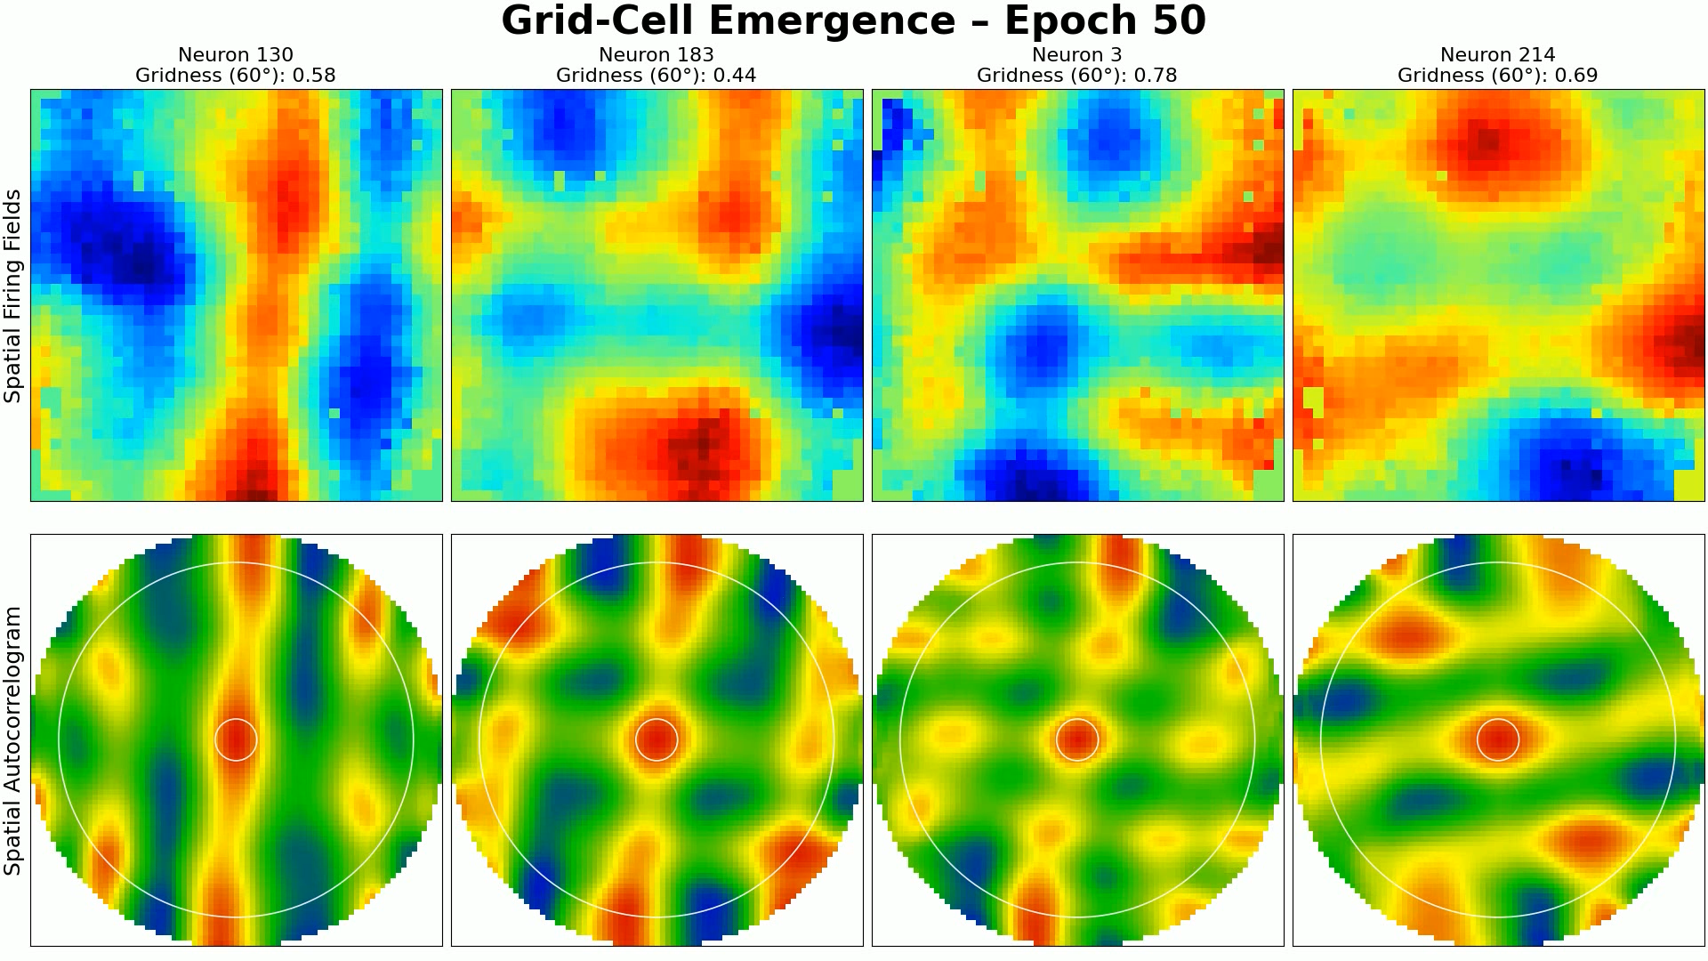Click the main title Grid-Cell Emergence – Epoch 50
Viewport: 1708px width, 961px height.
click(853, 21)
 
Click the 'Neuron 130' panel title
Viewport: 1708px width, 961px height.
click(236, 55)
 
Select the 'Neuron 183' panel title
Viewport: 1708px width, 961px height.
click(657, 55)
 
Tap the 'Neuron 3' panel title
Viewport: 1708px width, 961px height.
click(1076, 55)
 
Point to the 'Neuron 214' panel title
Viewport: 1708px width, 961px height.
click(1497, 55)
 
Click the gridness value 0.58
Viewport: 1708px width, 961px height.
click(314, 76)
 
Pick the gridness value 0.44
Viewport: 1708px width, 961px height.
click(735, 76)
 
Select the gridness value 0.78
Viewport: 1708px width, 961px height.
click(1156, 76)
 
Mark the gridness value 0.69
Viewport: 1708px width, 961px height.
click(1576, 76)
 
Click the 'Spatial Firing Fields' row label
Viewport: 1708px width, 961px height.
click(12, 295)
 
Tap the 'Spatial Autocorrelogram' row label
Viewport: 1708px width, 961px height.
click(12, 740)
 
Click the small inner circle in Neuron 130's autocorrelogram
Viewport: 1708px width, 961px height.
click(236, 739)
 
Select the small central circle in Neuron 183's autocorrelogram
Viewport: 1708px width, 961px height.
click(657, 739)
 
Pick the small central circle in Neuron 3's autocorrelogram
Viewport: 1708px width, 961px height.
click(1077, 739)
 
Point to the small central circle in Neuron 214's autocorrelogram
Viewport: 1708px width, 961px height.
click(1498, 739)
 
